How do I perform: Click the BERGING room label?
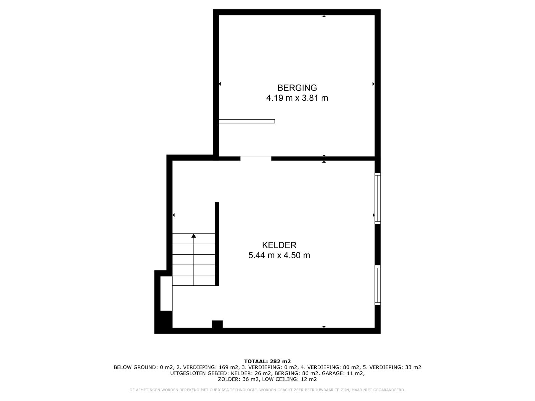(x=297, y=88)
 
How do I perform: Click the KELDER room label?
(x=279, y=245)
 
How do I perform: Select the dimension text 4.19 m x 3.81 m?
(x=297, y=98)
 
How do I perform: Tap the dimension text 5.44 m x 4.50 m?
(x=279, y=255)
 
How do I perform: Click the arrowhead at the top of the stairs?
(x=194, y=236)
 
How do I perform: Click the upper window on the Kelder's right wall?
(x=378, y=198)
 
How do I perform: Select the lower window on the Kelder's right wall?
(x=378, y=285)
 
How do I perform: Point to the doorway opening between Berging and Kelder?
(x=256, y=158)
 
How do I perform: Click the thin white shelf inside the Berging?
(x=247, y=121)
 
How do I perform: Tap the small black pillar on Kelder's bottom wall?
(x=217, y=324)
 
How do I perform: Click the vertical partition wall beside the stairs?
(x=217, y=244)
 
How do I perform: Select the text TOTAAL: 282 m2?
(x=267, y=361)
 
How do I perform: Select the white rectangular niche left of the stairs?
(x=166, y=293)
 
